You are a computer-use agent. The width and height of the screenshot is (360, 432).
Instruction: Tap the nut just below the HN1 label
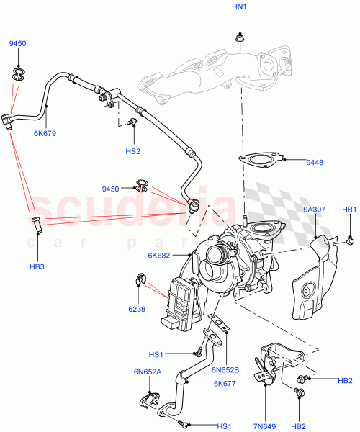(239, 36)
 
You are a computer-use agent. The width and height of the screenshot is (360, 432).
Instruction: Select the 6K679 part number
(45, 133)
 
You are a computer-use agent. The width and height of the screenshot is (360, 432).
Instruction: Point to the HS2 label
(132, 151)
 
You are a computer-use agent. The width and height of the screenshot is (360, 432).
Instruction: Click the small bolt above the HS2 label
(132, 123)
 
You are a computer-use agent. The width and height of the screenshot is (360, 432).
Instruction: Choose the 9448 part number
(314, 163)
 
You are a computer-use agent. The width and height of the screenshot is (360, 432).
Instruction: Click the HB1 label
(348, 210)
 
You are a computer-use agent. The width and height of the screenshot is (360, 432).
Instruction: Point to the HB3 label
(37, 248)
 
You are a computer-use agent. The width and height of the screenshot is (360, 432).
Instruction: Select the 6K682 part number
(159, 256)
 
